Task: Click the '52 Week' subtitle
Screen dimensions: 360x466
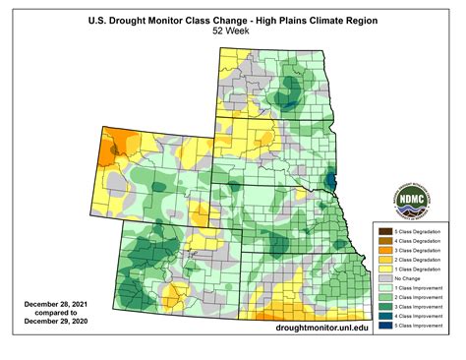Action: (232, 31)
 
